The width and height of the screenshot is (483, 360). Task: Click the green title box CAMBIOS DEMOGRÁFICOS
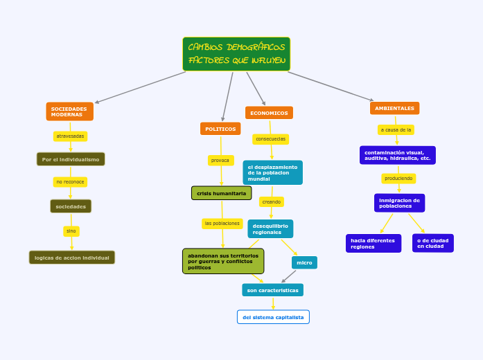[236, 54]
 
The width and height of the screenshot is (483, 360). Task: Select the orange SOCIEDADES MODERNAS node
[69, 111]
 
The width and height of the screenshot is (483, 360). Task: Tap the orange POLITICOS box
[220, 129]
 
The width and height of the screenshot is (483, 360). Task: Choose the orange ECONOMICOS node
[269, 113]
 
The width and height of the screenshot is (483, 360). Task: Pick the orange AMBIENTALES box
[394, 108]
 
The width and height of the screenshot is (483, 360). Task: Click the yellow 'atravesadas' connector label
[70, 136]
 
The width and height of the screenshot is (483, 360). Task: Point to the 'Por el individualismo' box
[71, 159]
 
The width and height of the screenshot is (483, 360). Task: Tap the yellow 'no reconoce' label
[70, 182]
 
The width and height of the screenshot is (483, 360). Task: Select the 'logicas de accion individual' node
[72, 258]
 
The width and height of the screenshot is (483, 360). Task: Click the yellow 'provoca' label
[220, 161]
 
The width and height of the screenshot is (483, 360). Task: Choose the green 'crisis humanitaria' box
[221, 193]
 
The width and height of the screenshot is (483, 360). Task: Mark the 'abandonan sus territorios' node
[223, 261]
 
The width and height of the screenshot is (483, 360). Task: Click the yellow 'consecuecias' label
[270, 139]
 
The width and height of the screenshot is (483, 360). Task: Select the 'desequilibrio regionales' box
[270, 228]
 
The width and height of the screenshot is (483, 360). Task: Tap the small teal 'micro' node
[304, 262]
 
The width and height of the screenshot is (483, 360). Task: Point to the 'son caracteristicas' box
[272, 290]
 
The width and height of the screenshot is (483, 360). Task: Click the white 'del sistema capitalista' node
[273, 317]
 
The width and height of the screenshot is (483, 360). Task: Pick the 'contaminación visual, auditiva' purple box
[398, 155]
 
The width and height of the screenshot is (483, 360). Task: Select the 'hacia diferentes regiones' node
[373, 244]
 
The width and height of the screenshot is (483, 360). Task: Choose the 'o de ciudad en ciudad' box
[432, 244]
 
